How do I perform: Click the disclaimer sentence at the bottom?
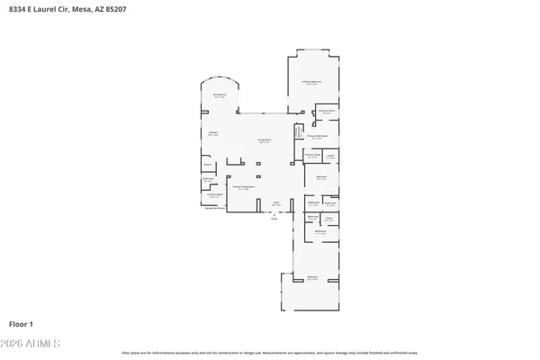(270, 353)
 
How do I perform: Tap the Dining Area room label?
(219, 94)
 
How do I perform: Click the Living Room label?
(265, 140)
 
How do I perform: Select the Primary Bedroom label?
(311, 82)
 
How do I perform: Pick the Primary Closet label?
(312, 157)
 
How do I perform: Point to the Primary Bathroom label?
(315, 137)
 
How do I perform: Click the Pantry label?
(207, 166)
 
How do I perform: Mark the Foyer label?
(276, 204)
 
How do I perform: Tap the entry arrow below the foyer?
(274, 215)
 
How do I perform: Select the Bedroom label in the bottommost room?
(312, 277)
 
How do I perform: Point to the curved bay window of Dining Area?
(225, 78)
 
